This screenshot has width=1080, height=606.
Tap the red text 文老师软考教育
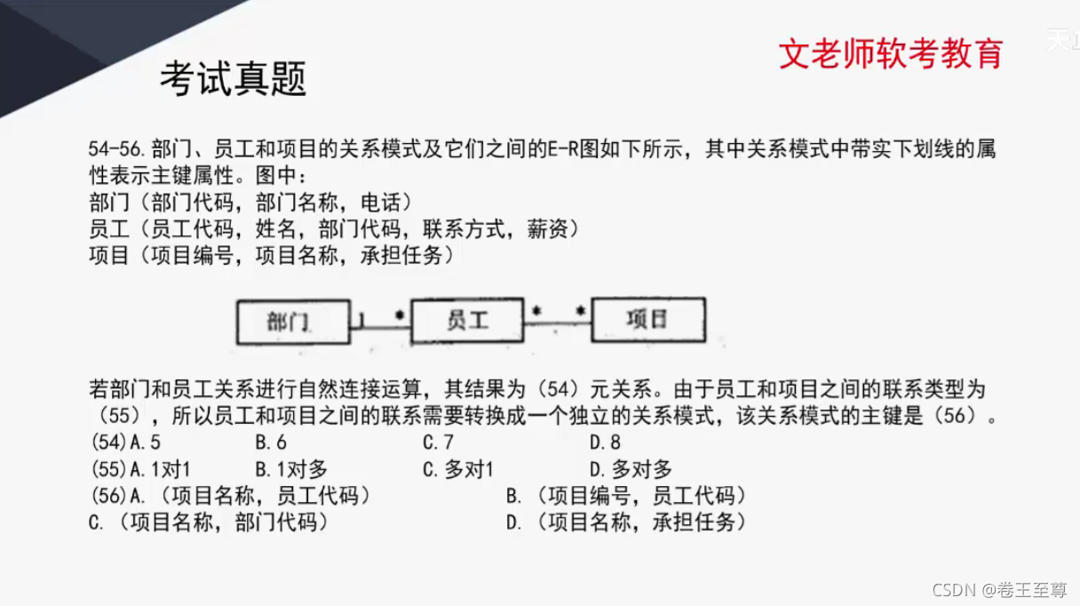[890, 53]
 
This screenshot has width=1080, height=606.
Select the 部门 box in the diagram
[290, 321]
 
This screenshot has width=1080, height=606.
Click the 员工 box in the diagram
[467, 320]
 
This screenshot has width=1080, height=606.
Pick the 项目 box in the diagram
[647, 319]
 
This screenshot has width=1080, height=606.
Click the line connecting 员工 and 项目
[558, 323]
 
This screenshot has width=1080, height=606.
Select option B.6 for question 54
[271, 443]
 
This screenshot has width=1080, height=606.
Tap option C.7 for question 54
[438, 443]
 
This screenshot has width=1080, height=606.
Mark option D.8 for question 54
[605, 443]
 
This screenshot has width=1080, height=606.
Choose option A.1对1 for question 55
[160, 469]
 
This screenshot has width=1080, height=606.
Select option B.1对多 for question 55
[291, 469]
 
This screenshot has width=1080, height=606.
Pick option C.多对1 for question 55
[457, 469]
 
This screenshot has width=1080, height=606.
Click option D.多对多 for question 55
[631, 469]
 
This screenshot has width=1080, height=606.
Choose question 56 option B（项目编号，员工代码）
[626, 496]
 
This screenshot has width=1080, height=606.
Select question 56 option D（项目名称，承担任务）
[626, 522]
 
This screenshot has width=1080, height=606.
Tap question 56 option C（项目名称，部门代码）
[209, 522]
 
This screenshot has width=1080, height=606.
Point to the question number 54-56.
[118, 148]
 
